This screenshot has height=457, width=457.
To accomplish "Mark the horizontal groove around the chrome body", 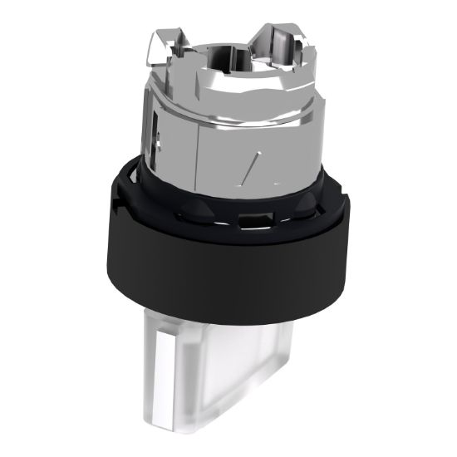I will coord(224,116).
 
